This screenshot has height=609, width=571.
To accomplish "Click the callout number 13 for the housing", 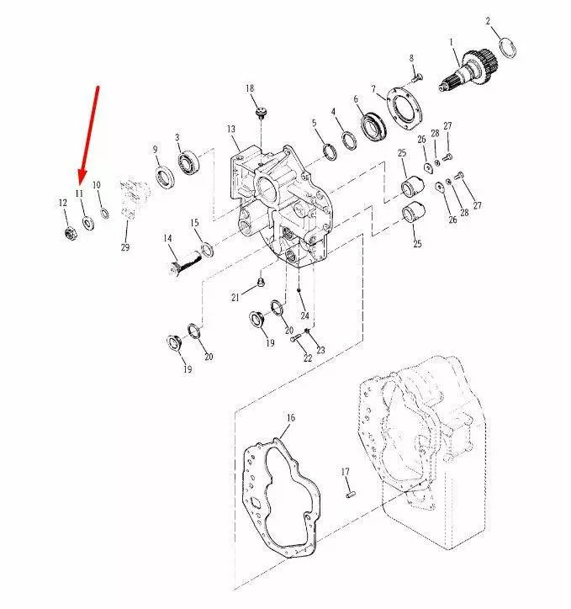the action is point(231,129).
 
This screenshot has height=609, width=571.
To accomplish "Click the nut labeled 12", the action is point(70,234).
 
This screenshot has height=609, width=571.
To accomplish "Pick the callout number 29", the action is point(125,247).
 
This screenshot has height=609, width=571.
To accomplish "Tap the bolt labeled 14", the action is point(187,263).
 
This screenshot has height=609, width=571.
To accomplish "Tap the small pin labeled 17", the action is point(350,495).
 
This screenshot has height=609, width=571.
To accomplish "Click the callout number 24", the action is point(304,315).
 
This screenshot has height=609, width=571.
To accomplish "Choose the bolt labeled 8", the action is point(415,77).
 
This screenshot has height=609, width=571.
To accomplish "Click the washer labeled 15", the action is point(207,249).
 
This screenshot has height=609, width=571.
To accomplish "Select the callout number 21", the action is point(235,298).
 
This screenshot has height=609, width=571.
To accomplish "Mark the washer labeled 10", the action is point(104,213).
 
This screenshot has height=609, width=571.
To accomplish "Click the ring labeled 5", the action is point(330,151).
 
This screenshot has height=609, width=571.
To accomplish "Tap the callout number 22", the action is point(308,357).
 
